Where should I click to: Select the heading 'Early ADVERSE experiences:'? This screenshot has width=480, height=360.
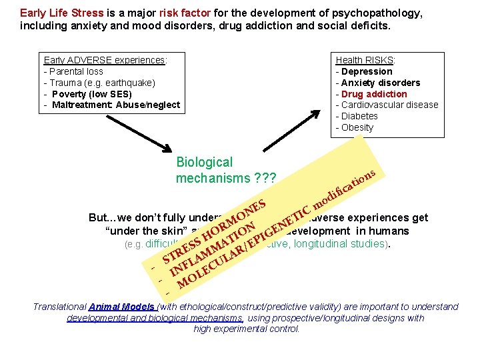105,59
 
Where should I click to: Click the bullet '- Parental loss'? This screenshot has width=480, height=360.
73,71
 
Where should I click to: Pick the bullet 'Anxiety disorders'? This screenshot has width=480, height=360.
380,82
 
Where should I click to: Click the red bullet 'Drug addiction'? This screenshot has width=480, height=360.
374,93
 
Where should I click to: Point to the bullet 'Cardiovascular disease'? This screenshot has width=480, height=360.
390,105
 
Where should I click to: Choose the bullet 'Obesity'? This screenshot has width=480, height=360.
357,127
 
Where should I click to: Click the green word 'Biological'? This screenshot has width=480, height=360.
204,162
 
